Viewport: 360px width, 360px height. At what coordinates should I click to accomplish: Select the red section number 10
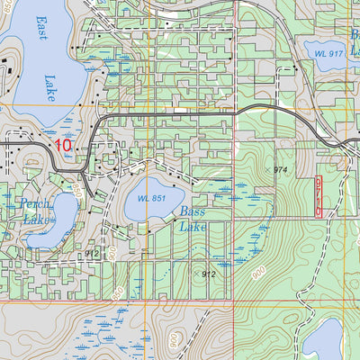click(x=63, y=144)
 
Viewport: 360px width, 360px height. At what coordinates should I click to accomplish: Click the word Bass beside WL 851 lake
click(x=192, y=212)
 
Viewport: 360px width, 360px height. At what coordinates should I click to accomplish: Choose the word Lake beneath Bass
click(x=193, y=227)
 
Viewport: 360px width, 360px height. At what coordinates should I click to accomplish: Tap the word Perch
click(x=33, y=204)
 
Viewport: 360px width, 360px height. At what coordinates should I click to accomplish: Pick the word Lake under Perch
click(x=37, y=219)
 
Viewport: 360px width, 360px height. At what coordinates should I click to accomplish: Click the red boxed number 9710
click(x=319, y=195)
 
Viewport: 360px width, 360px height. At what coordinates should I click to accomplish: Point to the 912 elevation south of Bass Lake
click(x=209, y=274)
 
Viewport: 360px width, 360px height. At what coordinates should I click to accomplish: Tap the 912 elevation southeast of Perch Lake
click(x=92, y=255)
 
